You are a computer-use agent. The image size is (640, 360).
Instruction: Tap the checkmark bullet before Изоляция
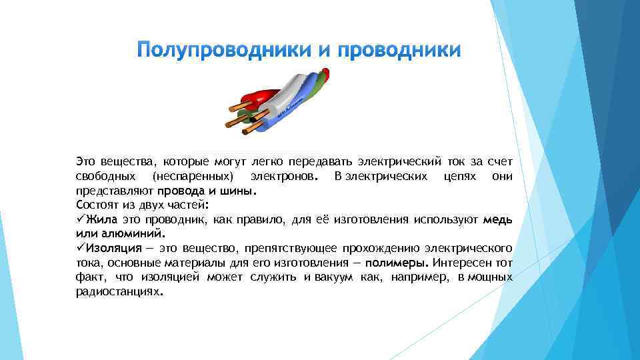pyautogui.click(x=80, y=248)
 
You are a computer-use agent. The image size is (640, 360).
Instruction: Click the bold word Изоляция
pyautogui.click(x=109, y=248)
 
